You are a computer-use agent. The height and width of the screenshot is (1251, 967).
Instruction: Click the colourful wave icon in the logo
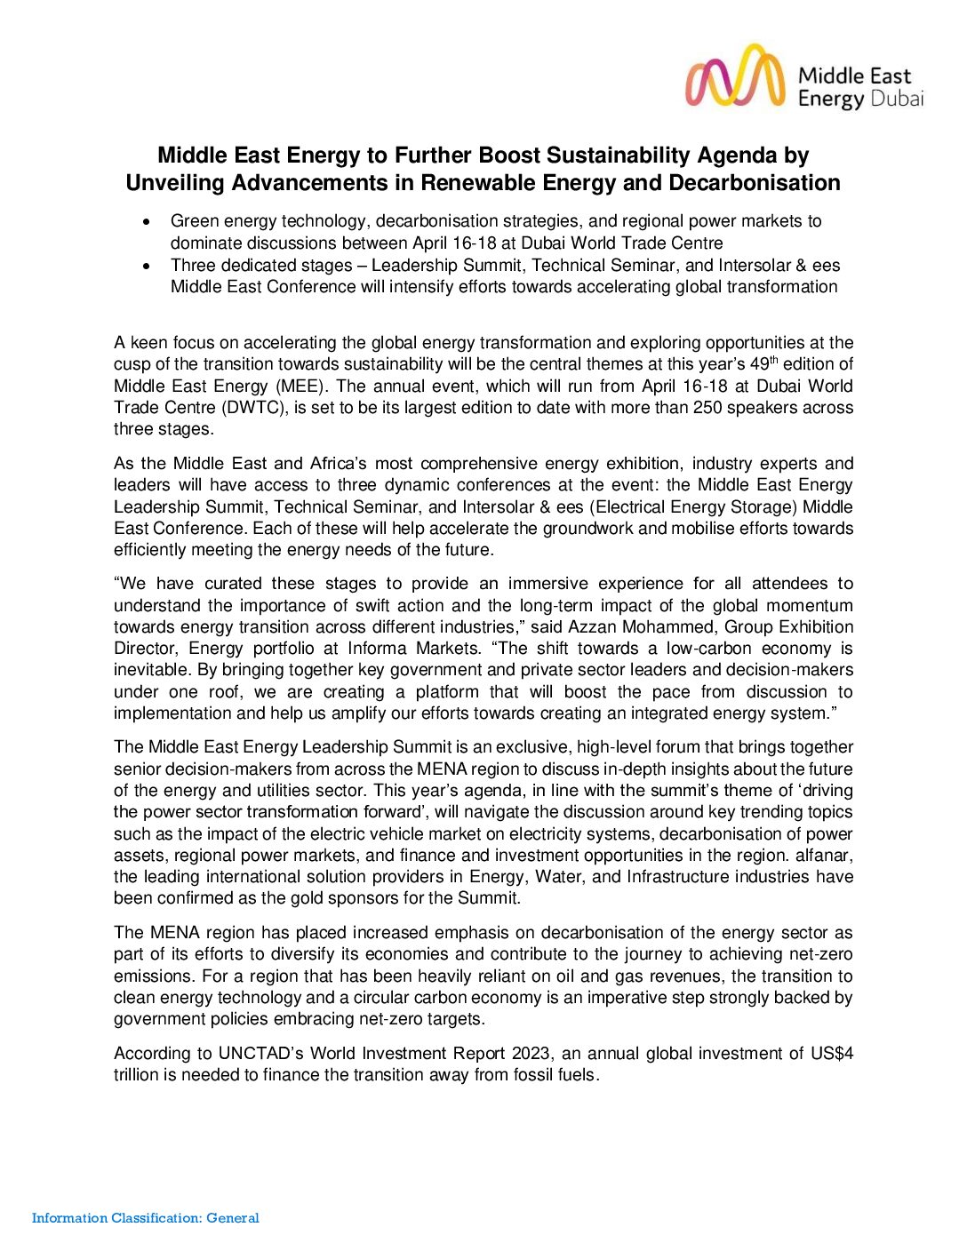pos(735,77)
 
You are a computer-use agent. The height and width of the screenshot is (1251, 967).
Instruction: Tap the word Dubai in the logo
pos(897,99)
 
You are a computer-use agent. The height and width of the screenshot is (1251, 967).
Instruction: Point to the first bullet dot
pos(148,221)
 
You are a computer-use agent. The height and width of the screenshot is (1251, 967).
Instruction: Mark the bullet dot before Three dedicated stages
pos(148,266)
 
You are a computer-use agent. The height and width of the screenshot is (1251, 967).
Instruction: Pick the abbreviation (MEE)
pos(302,386)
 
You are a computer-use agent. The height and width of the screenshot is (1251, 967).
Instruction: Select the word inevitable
pos(150,671)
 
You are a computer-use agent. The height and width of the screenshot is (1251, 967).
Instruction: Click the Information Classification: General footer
pos(146,1218)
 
